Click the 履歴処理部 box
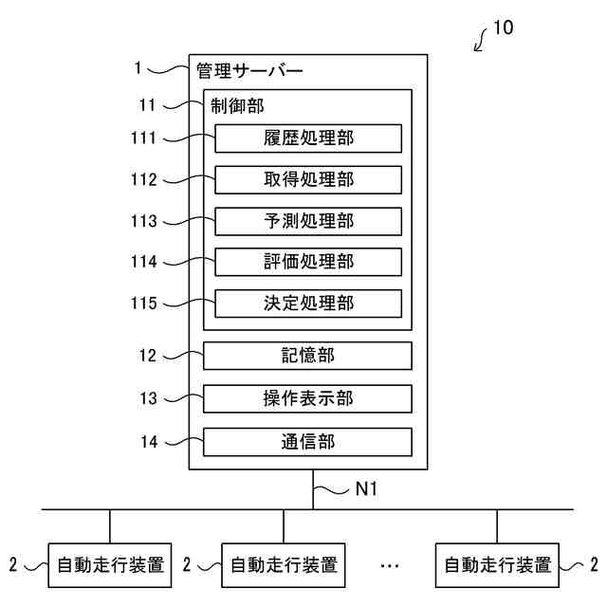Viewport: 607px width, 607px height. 308,138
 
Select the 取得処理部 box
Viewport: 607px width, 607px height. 308,179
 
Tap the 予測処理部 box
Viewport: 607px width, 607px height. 308,221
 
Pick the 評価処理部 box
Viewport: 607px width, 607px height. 308,262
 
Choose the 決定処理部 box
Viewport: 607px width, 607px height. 308,303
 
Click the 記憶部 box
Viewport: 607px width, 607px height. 307,356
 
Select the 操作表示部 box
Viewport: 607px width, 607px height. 307,398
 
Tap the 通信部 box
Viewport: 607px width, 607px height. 307,442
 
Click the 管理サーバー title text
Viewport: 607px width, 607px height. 249,71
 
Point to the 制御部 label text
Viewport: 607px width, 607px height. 237,105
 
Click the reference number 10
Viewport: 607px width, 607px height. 504,28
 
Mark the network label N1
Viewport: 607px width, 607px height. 366,488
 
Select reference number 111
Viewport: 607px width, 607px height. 143,138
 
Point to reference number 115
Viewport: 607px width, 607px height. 143,303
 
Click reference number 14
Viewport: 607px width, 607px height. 150,442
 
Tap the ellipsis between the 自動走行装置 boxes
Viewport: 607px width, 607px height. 390,566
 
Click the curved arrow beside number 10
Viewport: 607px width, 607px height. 480,40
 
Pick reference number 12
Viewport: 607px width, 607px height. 148,356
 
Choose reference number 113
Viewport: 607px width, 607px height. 143,221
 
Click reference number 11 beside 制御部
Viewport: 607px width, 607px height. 147,105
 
